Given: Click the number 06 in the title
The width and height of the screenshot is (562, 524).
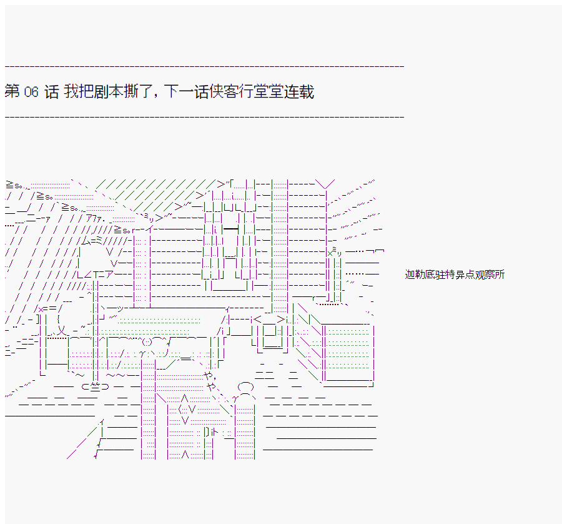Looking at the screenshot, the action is pyautogui.click(x=31, y=92).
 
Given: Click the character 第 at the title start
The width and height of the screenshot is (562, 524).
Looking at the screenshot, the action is pyautogui.click(x=12, y=91).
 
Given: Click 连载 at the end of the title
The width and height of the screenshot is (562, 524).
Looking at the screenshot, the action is pyautogui.click(x=299, y=91).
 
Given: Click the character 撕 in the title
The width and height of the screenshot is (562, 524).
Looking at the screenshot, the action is pyautogui.click(x=131, y=91).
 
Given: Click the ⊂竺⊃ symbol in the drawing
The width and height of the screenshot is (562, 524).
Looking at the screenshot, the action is pyautogui.click(x=95, y=387).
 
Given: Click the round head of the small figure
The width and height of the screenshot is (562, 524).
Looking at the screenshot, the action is pyautogui.click(x=245, y=387).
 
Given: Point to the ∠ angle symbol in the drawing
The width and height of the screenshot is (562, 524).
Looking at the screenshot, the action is pyautogui.click(x=88, y=275).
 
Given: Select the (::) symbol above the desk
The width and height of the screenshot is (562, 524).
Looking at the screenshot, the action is pyautogui.click(x=147, y=341).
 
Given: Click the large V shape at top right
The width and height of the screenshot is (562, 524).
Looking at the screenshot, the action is pyautogui.click(x=325, y=184).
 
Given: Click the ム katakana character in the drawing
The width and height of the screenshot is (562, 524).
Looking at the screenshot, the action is pyautogui.click(x=86, y=241).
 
